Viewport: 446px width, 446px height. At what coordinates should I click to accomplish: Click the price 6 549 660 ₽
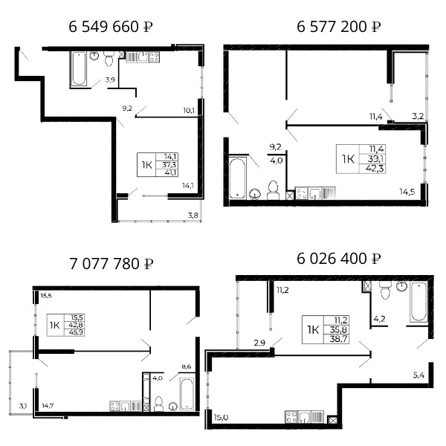coord(111,27)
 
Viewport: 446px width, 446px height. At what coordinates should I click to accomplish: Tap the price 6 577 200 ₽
coord(338,27)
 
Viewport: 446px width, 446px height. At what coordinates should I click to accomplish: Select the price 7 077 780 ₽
coord(111,264)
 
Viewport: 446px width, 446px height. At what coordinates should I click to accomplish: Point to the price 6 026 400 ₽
coord(338,259)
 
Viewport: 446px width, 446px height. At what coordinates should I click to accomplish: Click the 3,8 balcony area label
coord(193,216)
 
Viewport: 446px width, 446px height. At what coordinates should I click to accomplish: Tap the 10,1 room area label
coord(189,110)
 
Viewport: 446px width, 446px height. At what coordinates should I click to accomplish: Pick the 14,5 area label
coord(407,192)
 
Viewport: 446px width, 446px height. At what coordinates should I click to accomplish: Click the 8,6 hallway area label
coord(187,366)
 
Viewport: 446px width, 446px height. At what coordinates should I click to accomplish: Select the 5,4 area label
coord(418,375)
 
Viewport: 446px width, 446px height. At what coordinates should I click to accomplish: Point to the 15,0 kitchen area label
coord(221,417)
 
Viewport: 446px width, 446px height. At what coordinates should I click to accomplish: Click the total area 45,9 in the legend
coord(76,332)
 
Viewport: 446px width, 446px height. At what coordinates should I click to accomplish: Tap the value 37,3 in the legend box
coord(169,164)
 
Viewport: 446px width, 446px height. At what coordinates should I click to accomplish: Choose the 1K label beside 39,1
coord(348,159)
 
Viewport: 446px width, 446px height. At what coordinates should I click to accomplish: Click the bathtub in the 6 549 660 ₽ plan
coord(79,68)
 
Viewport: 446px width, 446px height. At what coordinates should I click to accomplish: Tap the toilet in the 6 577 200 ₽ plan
coord(273,190)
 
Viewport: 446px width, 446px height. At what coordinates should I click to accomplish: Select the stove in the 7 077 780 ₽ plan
coord(115,406)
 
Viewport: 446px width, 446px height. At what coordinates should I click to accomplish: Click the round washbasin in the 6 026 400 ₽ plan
coord(401,286)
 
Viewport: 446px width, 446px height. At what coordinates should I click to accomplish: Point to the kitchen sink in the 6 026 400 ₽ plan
coord(304,417)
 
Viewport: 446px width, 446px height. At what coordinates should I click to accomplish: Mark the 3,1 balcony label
coord(23,406)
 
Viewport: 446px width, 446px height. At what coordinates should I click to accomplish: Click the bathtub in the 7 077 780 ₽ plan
coord(187,394)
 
